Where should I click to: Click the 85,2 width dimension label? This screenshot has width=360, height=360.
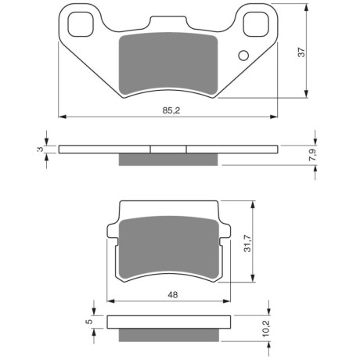tap(171, 110)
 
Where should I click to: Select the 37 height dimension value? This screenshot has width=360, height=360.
tap(301, 52)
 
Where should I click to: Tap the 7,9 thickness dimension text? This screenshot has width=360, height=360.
tap(312, 154)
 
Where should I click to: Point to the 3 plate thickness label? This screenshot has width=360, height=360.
tap(40, 149)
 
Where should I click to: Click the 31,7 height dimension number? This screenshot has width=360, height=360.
tap(247, 243)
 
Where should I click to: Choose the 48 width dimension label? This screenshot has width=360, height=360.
tap(173, 295)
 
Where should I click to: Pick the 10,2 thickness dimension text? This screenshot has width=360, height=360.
tap(266, 328)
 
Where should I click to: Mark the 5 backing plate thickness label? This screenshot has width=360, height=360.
tap(89, 322)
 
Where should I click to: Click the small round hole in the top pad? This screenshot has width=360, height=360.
tap(243, 56)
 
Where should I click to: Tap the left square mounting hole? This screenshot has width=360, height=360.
tap(81, 24)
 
